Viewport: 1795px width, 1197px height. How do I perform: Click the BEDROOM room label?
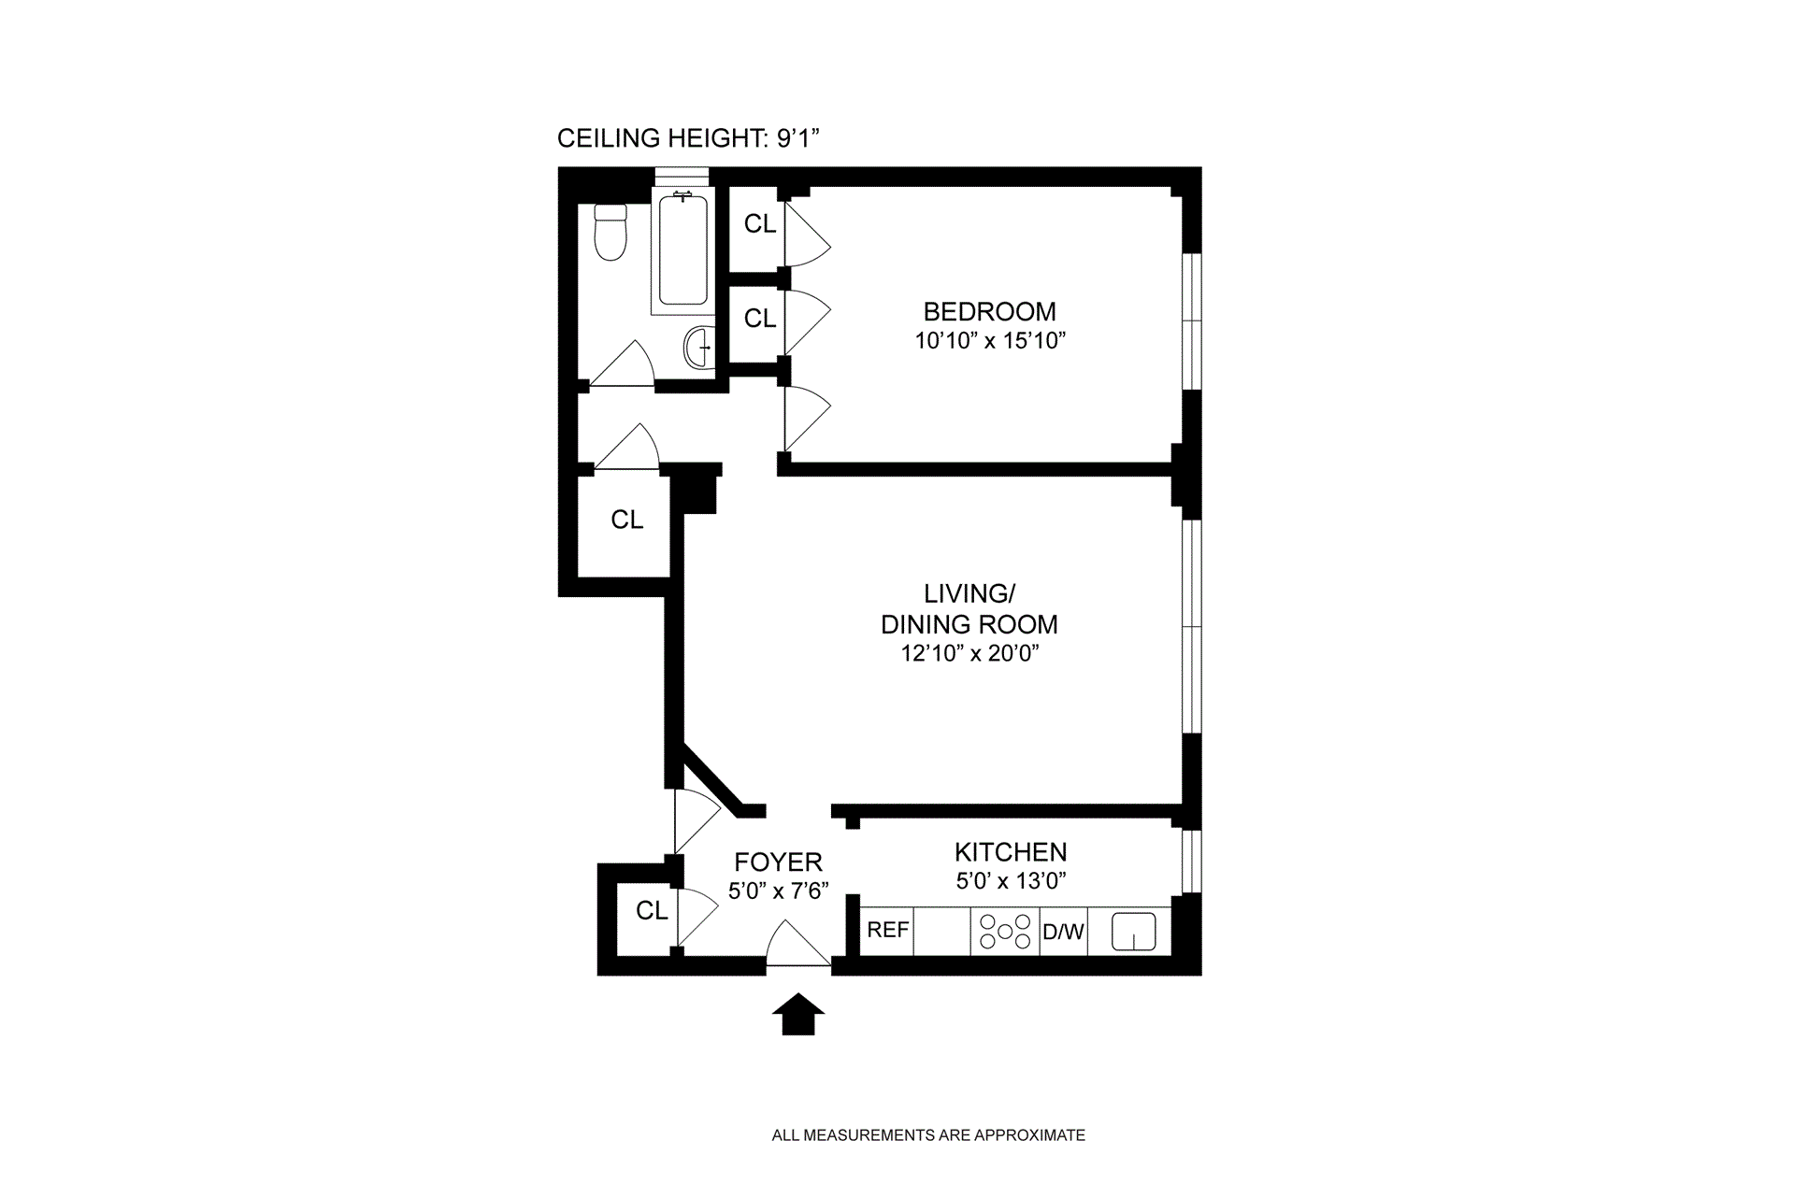point(989,312)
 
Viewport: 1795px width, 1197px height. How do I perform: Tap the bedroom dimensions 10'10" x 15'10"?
point(990,341)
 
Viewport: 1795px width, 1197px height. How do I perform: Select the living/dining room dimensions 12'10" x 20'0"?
point(969,653)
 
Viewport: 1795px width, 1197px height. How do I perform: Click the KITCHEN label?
point(1010,852)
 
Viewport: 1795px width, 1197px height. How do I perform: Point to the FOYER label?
point(778,862)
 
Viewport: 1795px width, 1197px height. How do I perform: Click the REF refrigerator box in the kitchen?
point(887,931)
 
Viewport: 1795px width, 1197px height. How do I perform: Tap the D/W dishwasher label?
point(1063,932)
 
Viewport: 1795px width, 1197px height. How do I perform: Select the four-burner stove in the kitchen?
point(1005,932)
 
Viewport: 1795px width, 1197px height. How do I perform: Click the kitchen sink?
point(1133,932)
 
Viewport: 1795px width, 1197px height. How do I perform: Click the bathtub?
point(682,250)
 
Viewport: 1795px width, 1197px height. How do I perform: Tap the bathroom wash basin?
point(698,348)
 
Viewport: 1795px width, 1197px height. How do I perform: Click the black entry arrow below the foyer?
point(797,1015)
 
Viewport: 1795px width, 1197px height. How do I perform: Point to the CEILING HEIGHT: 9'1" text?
point(688,139)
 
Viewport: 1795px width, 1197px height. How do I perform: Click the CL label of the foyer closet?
point(652,911)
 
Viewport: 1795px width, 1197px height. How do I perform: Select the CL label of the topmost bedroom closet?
point(760,224)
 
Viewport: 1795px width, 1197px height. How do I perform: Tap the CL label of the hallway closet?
point(626,520)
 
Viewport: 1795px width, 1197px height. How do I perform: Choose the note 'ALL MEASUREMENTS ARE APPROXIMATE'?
point(927,1136)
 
